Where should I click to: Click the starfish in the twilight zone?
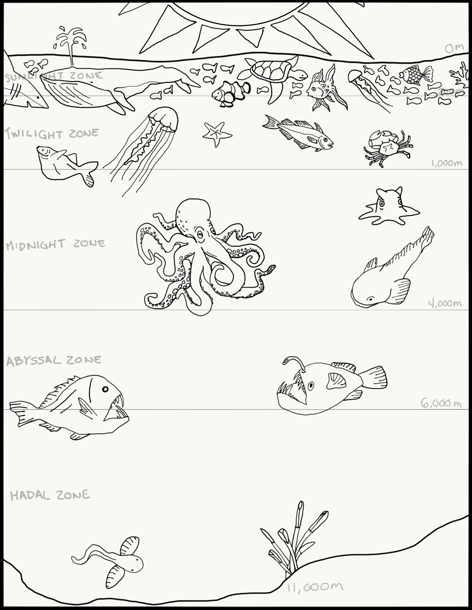[216, 134]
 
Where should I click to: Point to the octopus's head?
[193, 215]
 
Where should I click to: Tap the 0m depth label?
[454, 48]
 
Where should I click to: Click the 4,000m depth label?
[445, 303]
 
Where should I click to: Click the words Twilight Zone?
[52, 133]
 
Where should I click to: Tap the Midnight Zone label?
[55, 244]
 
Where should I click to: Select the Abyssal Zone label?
[54, 361]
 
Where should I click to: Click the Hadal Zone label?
[50, 495]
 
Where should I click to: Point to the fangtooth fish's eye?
[105, 389]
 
